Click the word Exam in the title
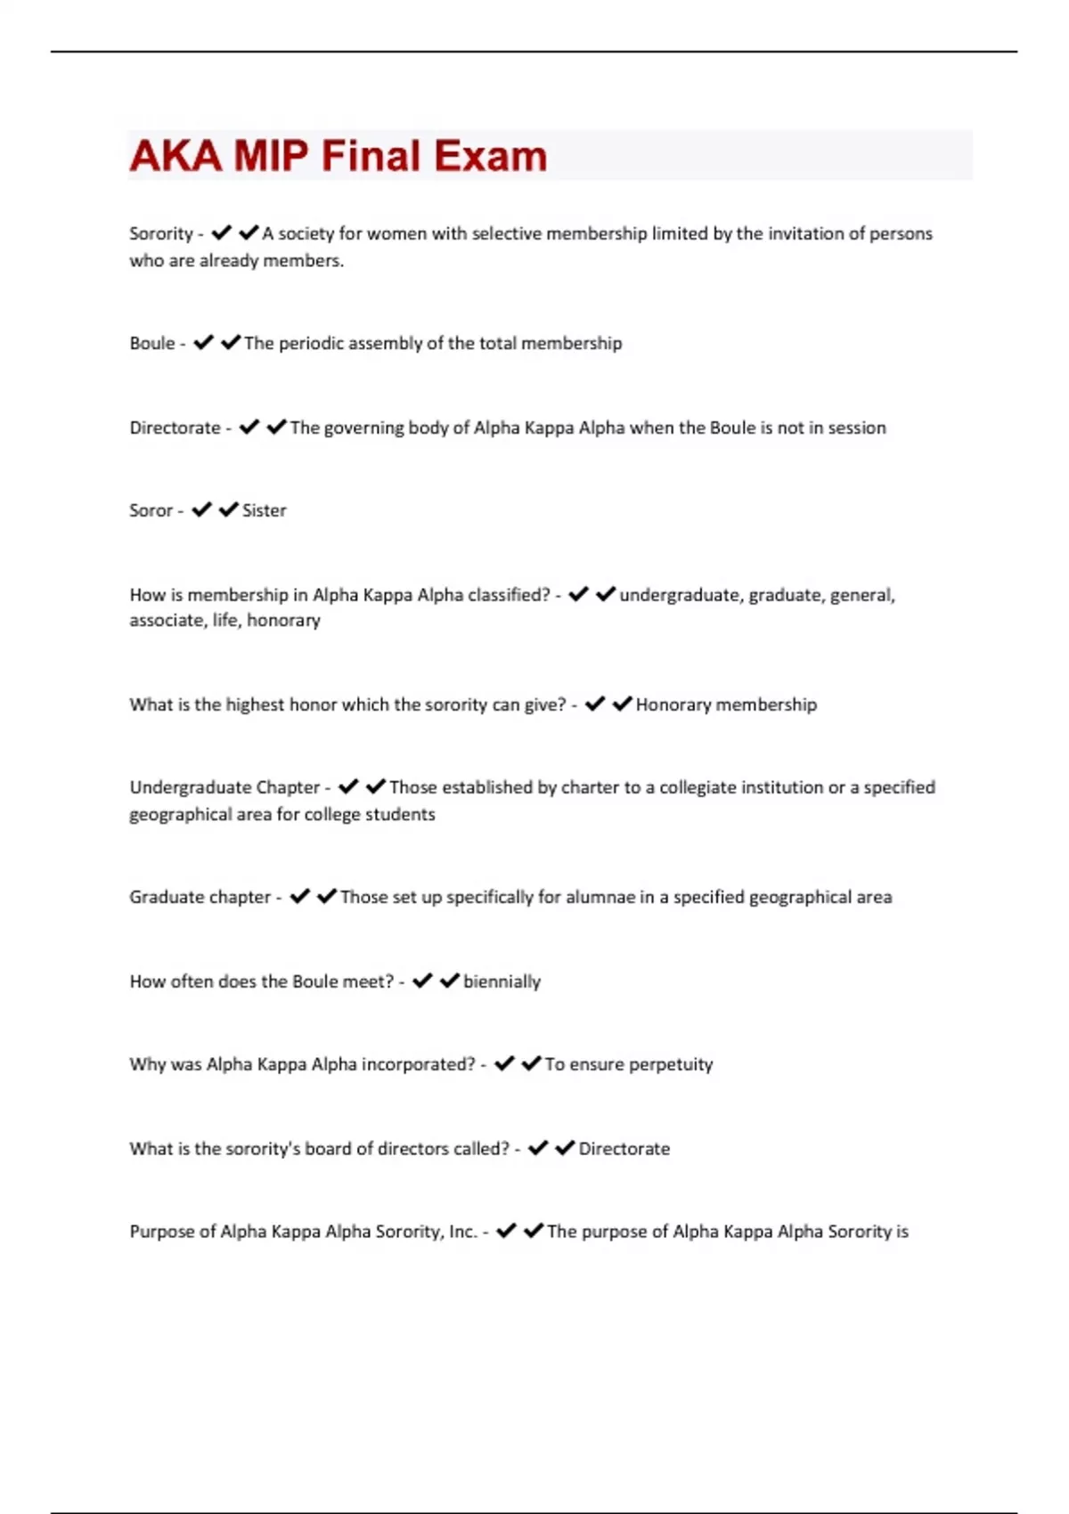click(x=490, y=156)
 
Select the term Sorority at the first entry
click(x=161, y=233)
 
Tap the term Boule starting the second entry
click(x=152, y=343)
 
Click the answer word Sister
click(x=265, y=510)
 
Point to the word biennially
click(x=502, y=981)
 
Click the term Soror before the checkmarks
click(x=151, y=510)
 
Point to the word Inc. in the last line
click(x=463, y=1231)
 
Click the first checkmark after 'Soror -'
click(x=202, y=509)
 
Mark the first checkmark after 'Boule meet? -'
click(x=422, y=981)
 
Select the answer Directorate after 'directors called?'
click(x=624, y=1149)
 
